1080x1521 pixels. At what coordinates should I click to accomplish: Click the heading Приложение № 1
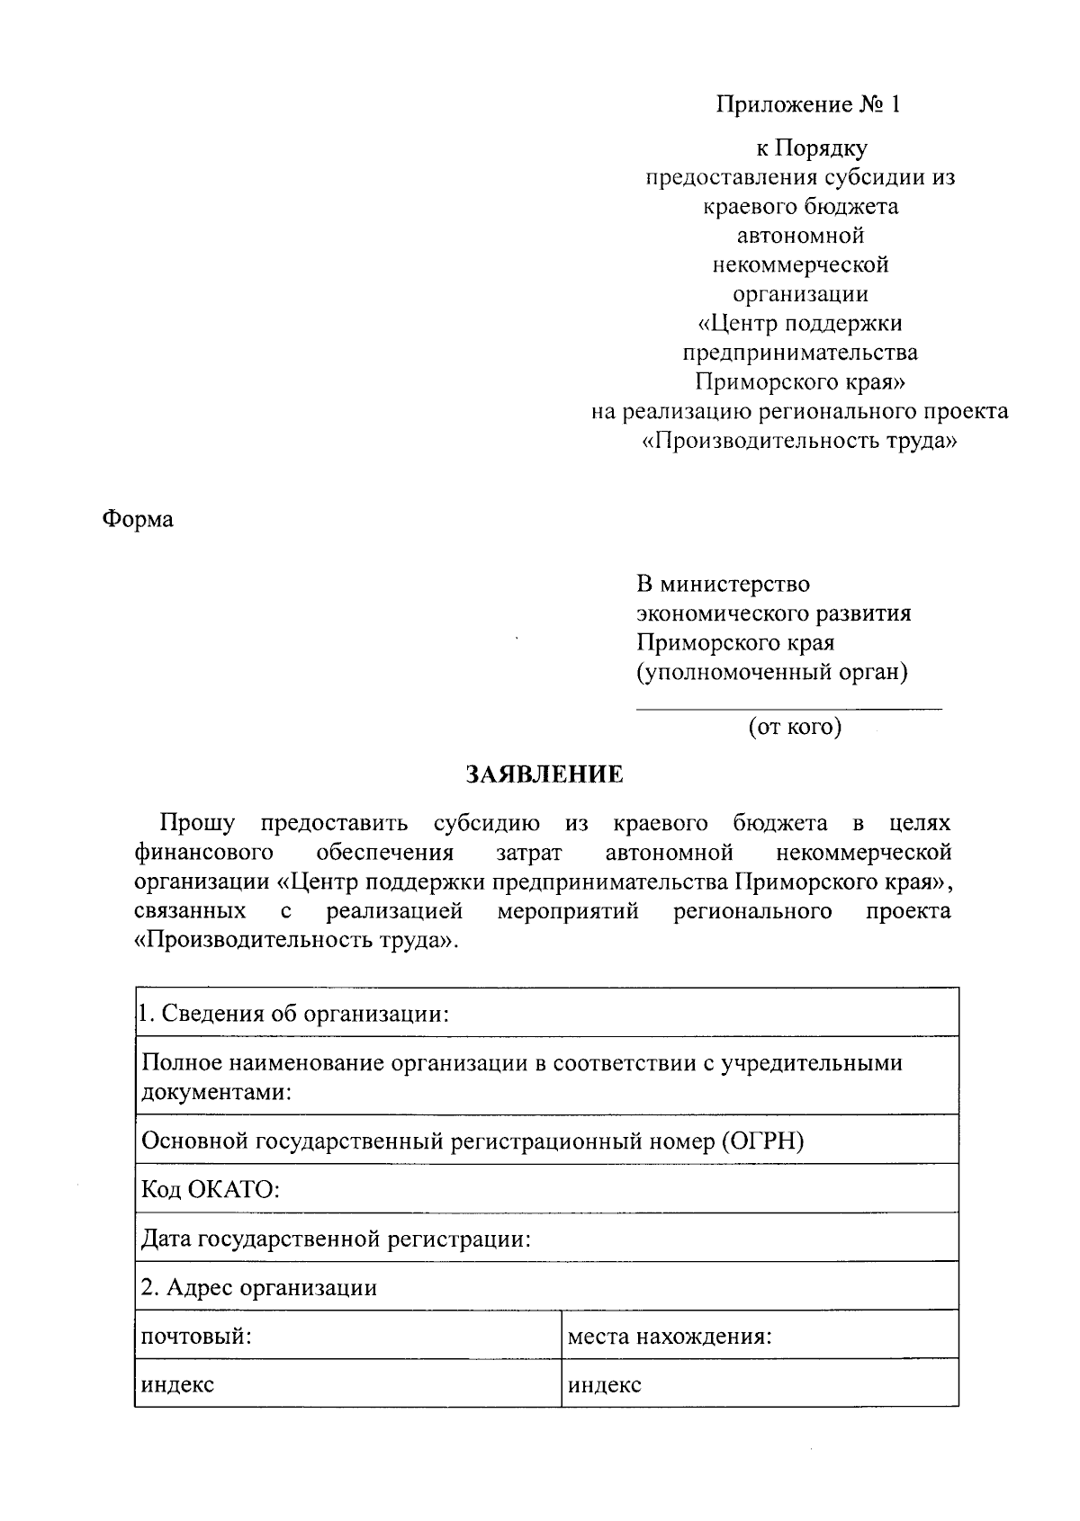[x=807, y=105]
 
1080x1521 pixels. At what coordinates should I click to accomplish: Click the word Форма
[x=138, y=519]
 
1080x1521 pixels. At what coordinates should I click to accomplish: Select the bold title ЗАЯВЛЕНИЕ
[x=544, y=774]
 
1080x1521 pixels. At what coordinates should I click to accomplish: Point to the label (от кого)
[x=795, y=727]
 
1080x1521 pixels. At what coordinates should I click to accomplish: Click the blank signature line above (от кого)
[x=788, y=709]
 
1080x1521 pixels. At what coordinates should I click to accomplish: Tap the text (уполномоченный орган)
[x=772, y=672]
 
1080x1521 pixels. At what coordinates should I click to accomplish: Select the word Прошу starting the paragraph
[x=197, y=822]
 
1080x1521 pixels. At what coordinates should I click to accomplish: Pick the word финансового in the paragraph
[x=204, y=852]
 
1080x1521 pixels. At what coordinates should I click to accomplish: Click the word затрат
[x=528, y=852]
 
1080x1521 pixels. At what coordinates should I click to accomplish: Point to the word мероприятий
[x=568, y=911]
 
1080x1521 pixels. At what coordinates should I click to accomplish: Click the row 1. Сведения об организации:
[x=293, y=1014]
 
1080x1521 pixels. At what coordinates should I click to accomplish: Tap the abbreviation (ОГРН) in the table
[x=761, y=1141]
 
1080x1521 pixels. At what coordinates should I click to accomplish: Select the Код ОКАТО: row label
[x=211, y=1190]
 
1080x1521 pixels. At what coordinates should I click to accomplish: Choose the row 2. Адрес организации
[x=259, y=1287]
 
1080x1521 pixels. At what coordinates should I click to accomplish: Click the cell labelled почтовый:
[x=196, y=1336]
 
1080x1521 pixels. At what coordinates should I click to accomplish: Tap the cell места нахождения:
[x=670, y=1336]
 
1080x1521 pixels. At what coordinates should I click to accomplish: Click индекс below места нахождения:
[x=604, y=1384]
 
